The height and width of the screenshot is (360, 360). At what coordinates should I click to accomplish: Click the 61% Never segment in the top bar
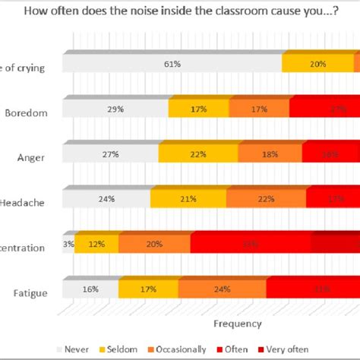tap(172, 65)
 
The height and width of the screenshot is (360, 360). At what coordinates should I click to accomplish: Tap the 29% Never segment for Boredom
tap(116, 109)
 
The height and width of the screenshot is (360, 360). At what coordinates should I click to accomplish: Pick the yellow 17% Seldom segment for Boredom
tap(199, 109)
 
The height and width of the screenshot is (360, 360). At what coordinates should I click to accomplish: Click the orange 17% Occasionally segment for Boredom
tap(259, 109)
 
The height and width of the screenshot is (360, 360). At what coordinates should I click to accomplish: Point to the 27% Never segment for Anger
tap(111, 154)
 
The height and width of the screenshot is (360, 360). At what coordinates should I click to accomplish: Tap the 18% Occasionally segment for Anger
tap(270, 154)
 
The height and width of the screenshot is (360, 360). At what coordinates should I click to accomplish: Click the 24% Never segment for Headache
tap(106, 199)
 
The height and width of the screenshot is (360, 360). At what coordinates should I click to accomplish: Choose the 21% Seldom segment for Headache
tap(188, 199)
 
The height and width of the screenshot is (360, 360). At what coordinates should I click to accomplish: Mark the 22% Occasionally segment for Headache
tap(266, 199)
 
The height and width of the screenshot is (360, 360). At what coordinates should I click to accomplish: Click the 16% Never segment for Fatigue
tap(90, 289)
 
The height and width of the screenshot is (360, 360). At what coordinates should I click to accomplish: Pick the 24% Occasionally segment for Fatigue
tap(223, 289)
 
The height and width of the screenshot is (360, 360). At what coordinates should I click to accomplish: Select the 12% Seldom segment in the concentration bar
tap(96, 244)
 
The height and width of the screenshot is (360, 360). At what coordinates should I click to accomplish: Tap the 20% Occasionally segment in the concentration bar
tap(154, 244)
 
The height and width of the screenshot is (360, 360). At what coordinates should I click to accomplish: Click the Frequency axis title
tap(237, 323)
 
